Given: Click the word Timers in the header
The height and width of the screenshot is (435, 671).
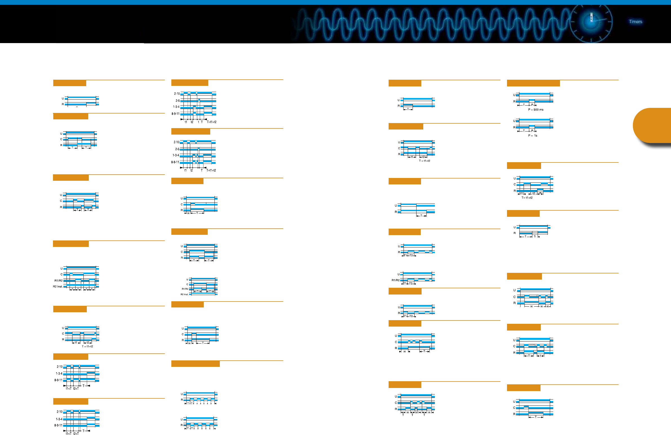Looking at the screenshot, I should pos(635,21).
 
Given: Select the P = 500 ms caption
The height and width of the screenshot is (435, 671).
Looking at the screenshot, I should pos(536,110).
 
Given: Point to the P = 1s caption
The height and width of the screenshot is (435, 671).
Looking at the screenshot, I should pos(533,135).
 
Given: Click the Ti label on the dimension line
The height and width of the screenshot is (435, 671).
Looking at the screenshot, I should pos(535,237).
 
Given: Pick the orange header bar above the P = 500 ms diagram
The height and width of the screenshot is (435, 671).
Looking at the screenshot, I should pos(533,83).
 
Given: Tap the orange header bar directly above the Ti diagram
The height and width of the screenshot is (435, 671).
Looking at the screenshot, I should pos(523,213).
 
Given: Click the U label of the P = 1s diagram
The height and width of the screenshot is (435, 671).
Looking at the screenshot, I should pos(514,121).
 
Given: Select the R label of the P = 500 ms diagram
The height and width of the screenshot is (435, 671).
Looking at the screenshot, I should pos(514,101).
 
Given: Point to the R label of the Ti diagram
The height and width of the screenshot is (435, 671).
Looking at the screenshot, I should pos(515,233).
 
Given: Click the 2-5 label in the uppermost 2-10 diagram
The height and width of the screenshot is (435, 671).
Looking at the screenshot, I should pos(177,101).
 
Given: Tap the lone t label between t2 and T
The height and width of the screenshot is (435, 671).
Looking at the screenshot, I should pos(198,122).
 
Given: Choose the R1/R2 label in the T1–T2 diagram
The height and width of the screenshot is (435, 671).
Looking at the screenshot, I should pos(395,280).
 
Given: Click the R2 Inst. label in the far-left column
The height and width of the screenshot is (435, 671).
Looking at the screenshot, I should pos(58,287).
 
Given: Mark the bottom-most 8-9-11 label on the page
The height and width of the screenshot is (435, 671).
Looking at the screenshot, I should pos(58,425).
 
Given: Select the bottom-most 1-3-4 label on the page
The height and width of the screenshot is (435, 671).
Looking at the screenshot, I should pos(59,419).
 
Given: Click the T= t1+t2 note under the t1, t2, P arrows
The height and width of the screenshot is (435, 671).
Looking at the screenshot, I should pos(527,198).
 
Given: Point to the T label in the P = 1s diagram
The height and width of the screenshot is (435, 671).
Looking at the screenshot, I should pos(524,131).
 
